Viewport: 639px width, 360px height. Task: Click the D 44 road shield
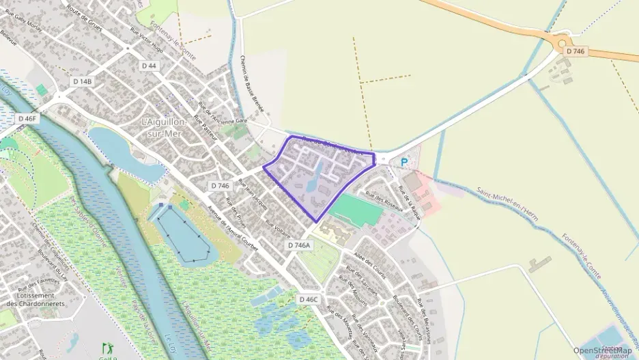pyautogui.click(x=149, y=65)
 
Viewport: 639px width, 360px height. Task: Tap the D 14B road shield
pyautogui.click(x=82, y=81)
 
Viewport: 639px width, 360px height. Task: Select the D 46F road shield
pyautogui.click(x=27, y=118)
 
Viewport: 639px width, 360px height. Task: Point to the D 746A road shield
pyautogui.click(x=299, y=245)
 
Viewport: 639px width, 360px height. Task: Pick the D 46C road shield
pyautogui.click(x=309, y=299)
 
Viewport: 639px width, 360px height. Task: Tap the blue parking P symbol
pyautogui.click(x=404, y=163)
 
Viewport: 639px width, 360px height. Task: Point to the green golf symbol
pyautogui.click(x=106, y=348)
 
